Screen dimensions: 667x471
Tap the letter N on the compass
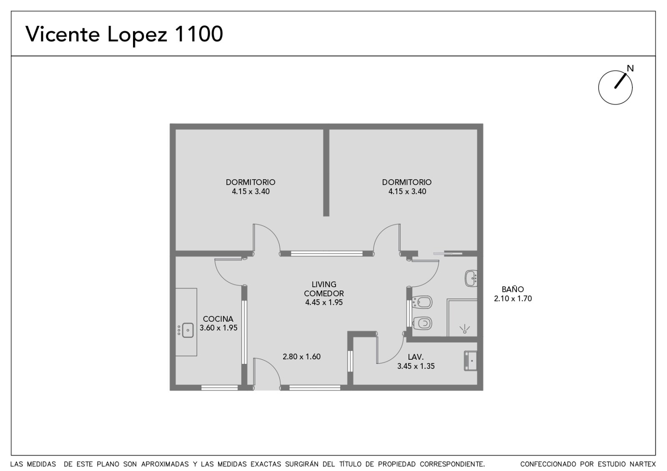point(630,68)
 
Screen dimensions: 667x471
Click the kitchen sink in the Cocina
point(186,331)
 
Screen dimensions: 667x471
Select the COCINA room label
point(218,319)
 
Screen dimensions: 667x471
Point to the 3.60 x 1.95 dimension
point(218,328)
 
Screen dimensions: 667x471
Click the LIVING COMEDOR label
point(324,289)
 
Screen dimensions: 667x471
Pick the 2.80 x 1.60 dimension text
point(302,357)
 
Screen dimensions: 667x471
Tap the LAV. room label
point(416,357)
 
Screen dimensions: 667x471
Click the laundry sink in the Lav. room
point(471,361)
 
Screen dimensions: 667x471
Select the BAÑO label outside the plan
point(513,289)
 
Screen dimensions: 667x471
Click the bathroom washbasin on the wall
point(471,278)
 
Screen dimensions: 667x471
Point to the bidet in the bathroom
point(422,303)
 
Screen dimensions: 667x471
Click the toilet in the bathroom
point(422,323)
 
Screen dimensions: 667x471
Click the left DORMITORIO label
point(251,182)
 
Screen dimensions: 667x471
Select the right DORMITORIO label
point(407,182)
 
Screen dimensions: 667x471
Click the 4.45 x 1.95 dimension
point(324,303)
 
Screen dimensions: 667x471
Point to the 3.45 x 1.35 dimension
point(416,366)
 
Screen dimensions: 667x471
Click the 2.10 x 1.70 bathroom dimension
point(513,298)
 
